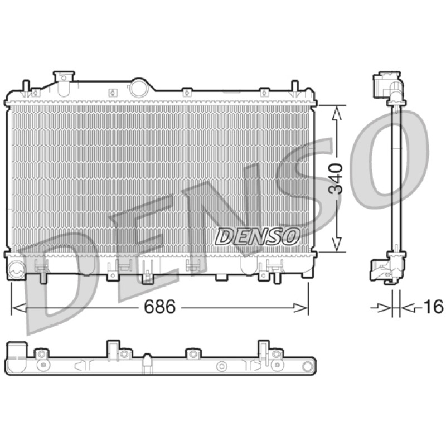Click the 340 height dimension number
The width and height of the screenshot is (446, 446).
[x=336, y=178]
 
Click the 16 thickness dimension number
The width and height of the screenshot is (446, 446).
[x=433, y=307]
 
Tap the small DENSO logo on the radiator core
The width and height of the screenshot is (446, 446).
[x=258, y=236]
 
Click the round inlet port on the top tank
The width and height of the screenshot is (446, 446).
[x=139, y=88]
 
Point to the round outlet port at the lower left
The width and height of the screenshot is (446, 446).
[x=17, y=269]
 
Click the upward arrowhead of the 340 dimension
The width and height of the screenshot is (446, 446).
[x=337, y=113]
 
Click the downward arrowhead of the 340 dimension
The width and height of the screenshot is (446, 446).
[x=337, y=244]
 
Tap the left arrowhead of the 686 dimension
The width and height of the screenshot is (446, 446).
[x=19, y=308]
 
